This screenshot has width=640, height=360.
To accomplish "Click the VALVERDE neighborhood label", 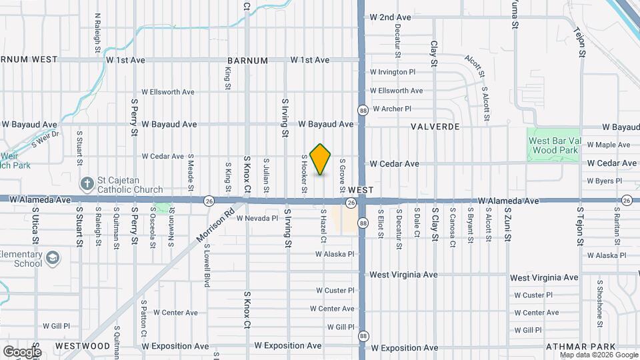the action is tap(437, 125).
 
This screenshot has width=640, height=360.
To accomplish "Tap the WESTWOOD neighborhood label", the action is tap(83, 346).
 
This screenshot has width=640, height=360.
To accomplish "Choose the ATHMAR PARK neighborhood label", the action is tap(576, 347).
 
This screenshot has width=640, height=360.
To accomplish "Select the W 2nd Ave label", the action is tap(391, 17).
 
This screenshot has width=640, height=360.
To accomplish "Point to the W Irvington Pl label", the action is tap(393, 72).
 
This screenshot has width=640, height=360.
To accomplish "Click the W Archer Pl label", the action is tap(392, 109).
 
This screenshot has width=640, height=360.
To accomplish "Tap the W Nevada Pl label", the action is tap(256, 218).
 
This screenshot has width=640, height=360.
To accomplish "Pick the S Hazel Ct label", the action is tap(323, 225).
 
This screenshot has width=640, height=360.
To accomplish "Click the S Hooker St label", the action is tap(304, 175).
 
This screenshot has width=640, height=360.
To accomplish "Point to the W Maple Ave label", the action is tap(608, 145).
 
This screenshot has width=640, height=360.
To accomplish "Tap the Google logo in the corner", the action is tap(22, 352).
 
